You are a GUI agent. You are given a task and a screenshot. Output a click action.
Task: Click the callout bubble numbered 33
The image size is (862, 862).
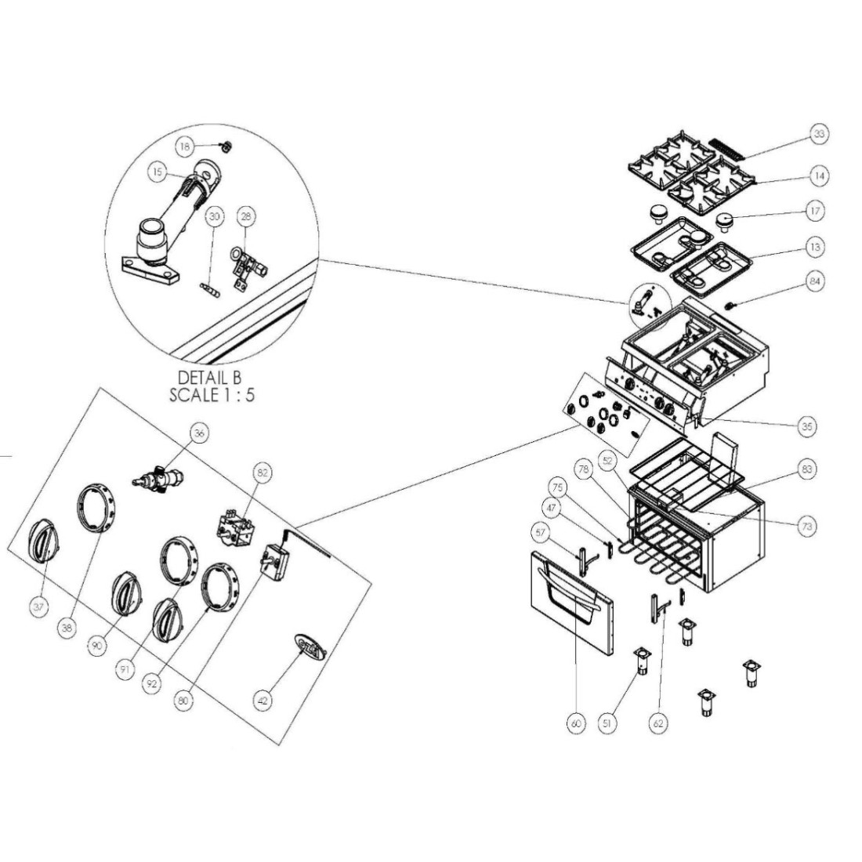[818, 135]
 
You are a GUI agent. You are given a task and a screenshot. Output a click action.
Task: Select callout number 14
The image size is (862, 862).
[818, 176]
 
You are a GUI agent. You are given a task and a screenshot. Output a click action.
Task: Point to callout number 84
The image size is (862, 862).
[817, 281]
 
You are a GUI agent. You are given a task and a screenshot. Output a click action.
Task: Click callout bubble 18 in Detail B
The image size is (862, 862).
[184, 147]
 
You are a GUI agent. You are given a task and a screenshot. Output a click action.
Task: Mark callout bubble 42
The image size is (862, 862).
[263, 700]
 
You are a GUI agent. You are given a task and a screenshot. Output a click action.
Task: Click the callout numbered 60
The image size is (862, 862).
[576, 725]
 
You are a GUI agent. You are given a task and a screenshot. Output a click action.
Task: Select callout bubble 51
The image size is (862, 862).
[605, 725]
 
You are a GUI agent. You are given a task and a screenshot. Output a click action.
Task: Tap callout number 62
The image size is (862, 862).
[658, 723]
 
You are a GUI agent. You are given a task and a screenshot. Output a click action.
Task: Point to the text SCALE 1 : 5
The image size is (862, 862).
[212, 394]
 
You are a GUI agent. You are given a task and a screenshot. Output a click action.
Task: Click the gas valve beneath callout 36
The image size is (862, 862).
[160, 478]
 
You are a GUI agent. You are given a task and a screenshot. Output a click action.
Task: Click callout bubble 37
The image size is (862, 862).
[38, 606]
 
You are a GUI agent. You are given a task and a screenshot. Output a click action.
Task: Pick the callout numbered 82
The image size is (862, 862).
[262, 473]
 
